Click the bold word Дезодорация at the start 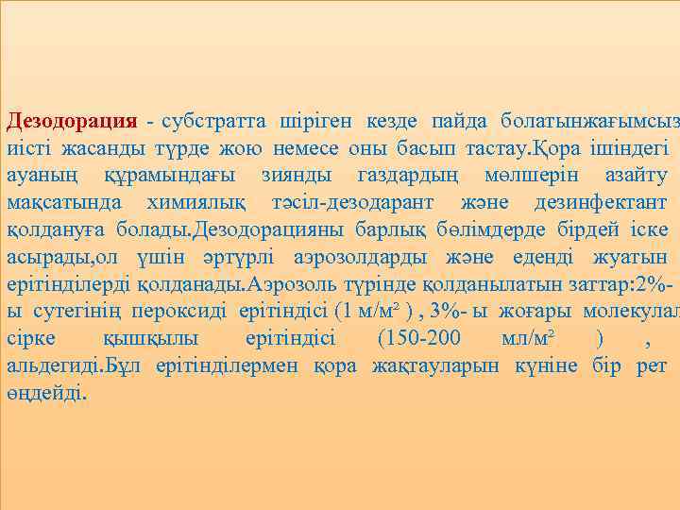click(x=73, y=122)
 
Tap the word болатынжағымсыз click(x=589, y=122)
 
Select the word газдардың click(x=410, y=177)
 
